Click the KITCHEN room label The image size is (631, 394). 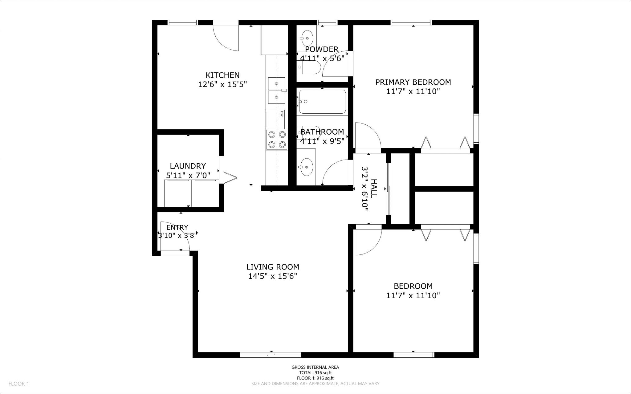tap(222, 75)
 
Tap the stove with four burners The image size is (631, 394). tap(277, 139)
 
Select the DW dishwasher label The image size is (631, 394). tap(282, 114)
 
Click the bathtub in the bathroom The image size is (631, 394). tap(322, 102)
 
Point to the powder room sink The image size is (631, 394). tap(307, 38)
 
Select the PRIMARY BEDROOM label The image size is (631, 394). tap(413, 82)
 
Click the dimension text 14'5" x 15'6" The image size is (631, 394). tap(272, 276)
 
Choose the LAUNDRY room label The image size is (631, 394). tap(188, 166)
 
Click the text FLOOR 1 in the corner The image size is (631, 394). tap(18, 384)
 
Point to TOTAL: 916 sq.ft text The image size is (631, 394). tap(315, 372)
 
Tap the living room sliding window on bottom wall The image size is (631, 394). tap(271, 355)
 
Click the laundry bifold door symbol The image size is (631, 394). tap(230, 178)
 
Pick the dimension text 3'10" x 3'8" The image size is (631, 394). tap(177, 236)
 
